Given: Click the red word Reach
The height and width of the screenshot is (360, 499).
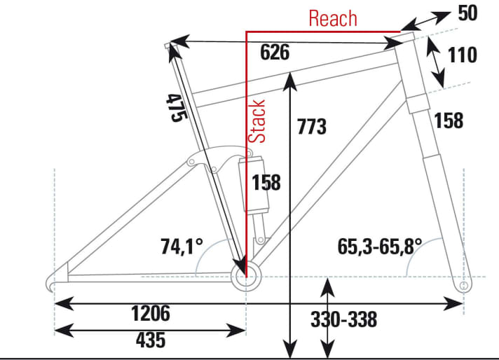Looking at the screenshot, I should pos(333,18).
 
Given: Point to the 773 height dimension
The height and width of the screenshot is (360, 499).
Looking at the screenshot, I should pos(311,127).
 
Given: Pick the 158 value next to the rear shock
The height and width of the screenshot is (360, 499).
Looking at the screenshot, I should pos(266,182).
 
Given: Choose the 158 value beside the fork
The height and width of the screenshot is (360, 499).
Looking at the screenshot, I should pos(449,120).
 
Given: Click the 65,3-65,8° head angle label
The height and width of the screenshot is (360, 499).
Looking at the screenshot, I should pos(379,246).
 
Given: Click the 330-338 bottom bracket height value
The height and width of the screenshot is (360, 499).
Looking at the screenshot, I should pos(343,320).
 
